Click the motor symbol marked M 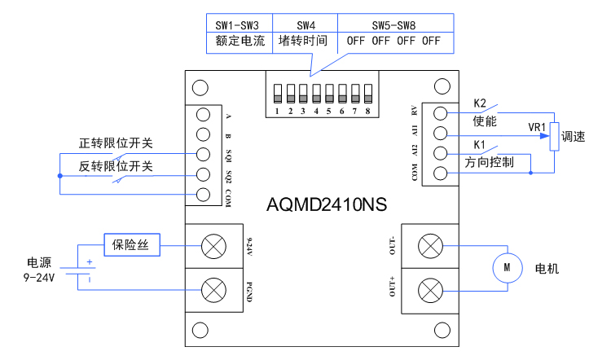tap(506, 266)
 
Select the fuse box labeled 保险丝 tap(131, 244)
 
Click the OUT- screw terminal tap(429, 246)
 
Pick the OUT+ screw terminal tap(429, 290)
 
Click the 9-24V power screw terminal tap(214, 244)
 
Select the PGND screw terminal tap(214, 288)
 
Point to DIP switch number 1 tap(278, 90)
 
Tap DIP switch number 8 tap(367, 90)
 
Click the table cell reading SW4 tap(305, 25)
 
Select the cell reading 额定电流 tap(240, 41)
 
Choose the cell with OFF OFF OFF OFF tap(393, 41)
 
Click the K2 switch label tap(480, 103)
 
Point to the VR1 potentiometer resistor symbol tap(554, 136)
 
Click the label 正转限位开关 tap(116, 143)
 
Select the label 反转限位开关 tap(116, 165)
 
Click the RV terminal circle tap(440, 113)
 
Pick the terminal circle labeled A tap(204, 115)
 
